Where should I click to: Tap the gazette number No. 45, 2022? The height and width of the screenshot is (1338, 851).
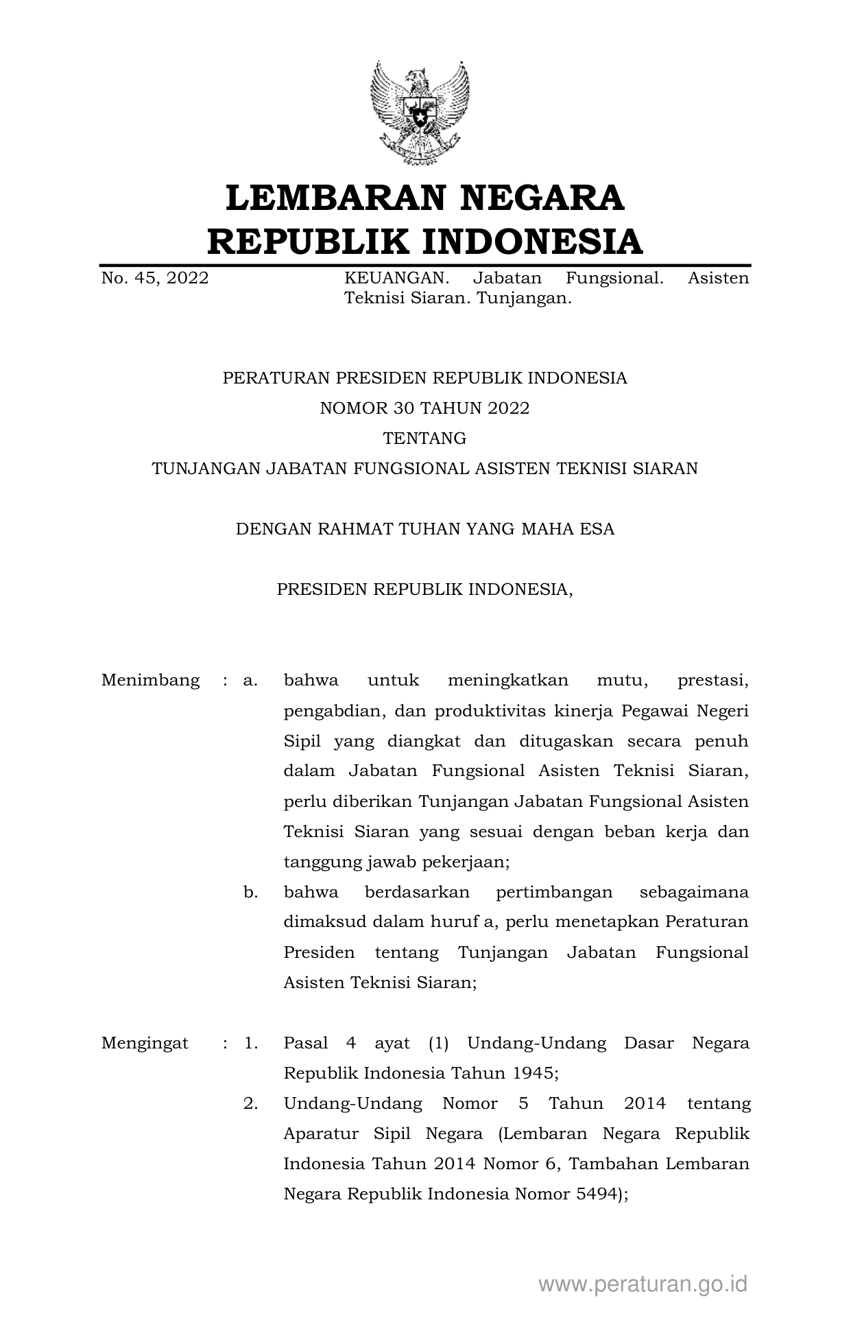click(155, 279)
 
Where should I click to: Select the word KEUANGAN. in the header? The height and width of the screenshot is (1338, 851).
click(396, 279)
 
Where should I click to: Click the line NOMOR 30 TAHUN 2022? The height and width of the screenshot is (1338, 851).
click(424, 409)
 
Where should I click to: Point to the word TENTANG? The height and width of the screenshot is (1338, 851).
click(424, 438)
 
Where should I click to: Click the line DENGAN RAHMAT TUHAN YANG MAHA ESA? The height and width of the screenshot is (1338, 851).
click(424, 530)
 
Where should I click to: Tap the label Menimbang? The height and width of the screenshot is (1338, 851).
click(150, 681)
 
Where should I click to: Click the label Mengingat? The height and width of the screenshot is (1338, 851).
click(145, 1044)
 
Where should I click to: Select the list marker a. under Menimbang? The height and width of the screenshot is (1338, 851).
click(250, 681)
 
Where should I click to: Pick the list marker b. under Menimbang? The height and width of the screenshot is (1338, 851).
click(250, 893)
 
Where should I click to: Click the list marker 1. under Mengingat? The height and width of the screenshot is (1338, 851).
click(250, 1044)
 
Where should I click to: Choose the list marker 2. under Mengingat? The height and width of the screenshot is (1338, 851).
click(250, 1104)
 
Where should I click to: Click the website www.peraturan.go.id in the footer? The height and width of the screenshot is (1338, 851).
click(643, 1284)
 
